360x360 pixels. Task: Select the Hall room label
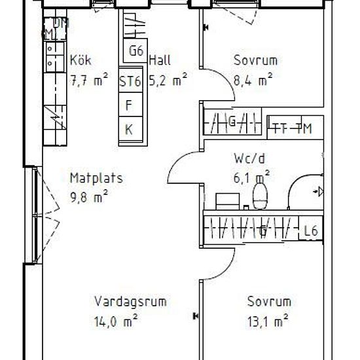click(160, 61)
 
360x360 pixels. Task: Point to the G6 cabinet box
click(135, 51)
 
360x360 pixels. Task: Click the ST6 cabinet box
click(130, 82)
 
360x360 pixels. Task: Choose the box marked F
click(130, 105)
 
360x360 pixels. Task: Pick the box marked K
click(130, 129)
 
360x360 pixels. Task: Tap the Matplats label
click(96, 177)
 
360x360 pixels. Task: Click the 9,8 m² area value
click(89, 195)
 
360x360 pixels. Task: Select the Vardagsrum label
click(130, 302)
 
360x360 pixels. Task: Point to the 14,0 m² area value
click(116, 321)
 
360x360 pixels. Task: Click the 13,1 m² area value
click(269, 321)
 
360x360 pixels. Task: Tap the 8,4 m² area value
click(253, 81)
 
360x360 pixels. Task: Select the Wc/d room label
click(249, 158)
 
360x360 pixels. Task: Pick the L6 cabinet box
click(312, 230)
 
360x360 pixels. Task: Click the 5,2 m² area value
click(170, 81)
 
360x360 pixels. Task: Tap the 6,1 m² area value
click(252, 177)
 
